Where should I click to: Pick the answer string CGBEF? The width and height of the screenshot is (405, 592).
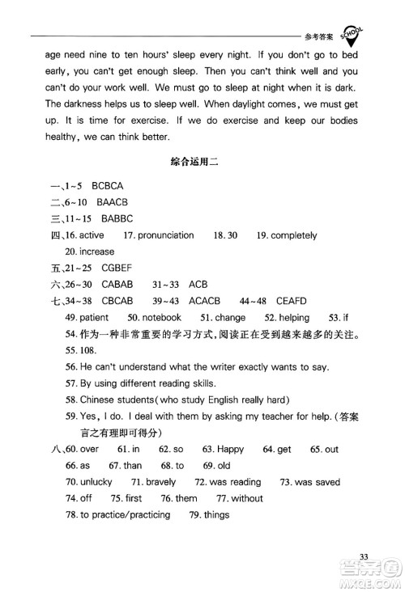pos(98,269)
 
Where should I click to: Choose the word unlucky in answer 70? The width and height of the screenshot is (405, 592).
pos(97,482)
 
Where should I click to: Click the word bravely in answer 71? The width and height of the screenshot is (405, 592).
pos(161,482)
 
